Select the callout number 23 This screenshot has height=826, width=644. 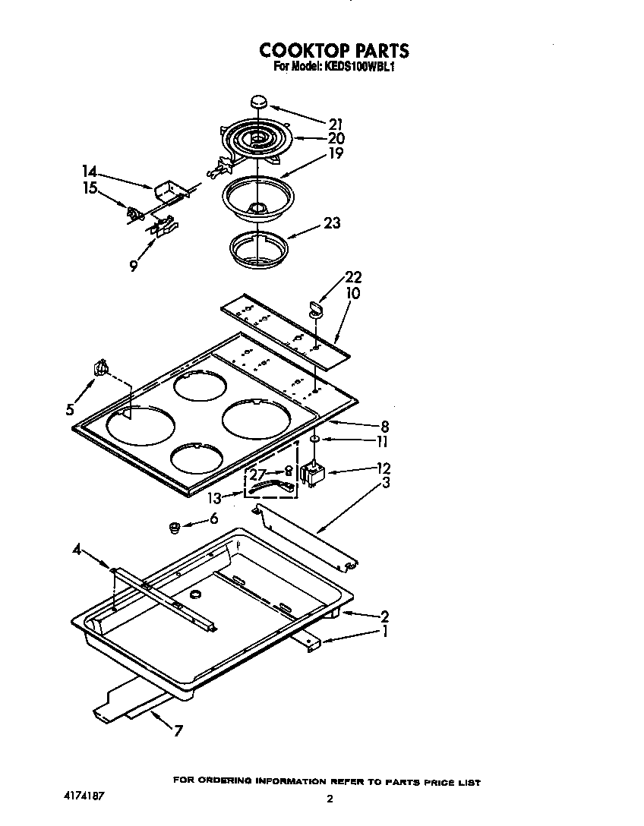pos(332,223)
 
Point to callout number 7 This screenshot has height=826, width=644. pos(178,732)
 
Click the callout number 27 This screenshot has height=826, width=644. pos(258,474)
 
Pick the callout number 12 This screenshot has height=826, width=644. pos(383,468)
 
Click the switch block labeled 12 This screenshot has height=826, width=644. pos(313,474)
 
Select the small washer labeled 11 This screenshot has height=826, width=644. pos(313,439)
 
